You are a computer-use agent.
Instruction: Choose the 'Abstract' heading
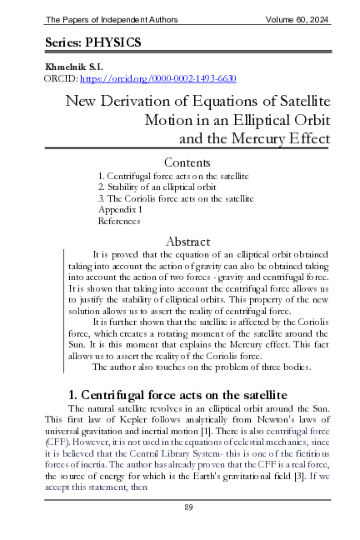[x=189, y=241]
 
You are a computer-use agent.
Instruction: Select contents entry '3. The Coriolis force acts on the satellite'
[x=176, y=200]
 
